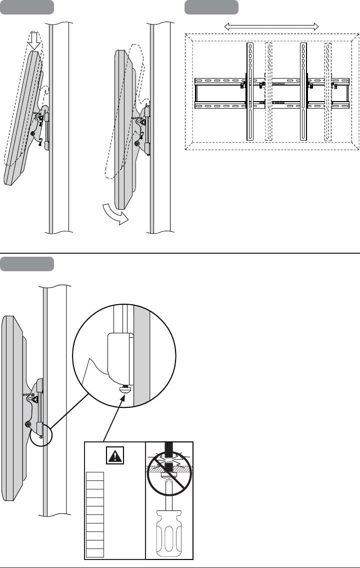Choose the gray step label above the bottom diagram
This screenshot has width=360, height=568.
[27, 263]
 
